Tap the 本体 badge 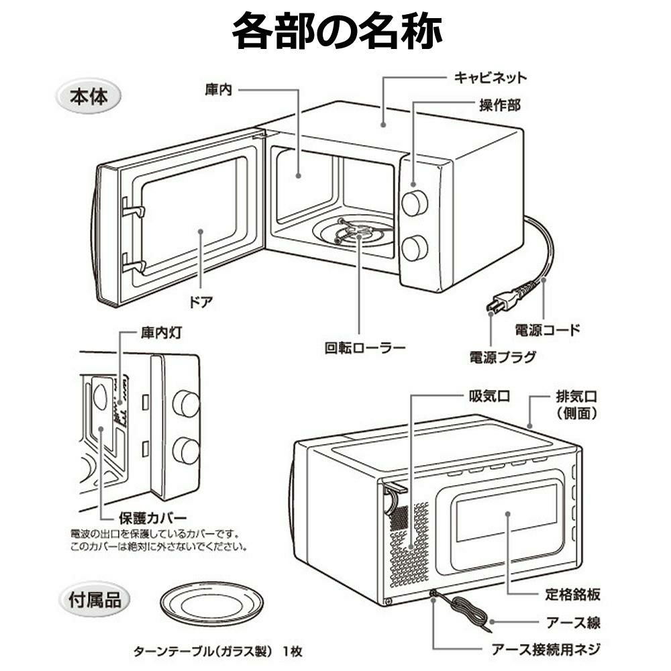tap(89, 97)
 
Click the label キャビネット tap(491, 77)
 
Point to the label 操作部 tap(499, 106)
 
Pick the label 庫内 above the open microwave tap(218, 89)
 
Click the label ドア tap(202, 301)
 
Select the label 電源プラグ tap(503, 356)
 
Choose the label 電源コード tap(547, 329)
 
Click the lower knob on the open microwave tap(415, 248)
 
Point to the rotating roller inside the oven tap(357, 234)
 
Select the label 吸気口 tap(488, 396)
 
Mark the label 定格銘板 tap(572, 595)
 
